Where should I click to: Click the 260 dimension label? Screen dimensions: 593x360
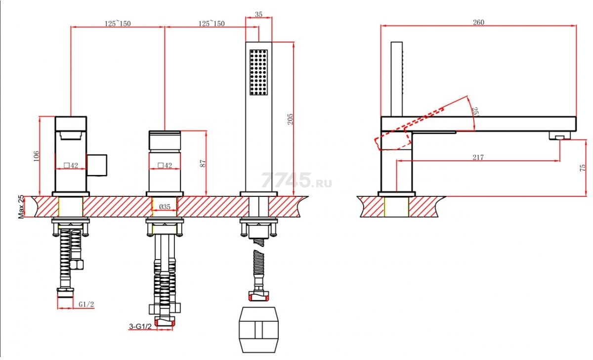pos(478,22)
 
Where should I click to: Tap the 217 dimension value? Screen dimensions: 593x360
pos(478,157)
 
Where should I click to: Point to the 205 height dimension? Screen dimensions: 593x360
pos(291,119)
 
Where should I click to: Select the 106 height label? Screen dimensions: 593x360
pos(36,156)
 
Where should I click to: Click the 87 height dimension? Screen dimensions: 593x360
pos(203,163)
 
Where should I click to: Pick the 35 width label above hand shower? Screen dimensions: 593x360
pos(258,14)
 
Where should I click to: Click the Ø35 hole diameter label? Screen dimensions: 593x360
pos(165,207)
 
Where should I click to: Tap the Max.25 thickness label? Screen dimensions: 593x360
pos(21,207)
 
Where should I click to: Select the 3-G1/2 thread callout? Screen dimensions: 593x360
pos(140,326)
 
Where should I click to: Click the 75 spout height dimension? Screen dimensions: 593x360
pos(583,168)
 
